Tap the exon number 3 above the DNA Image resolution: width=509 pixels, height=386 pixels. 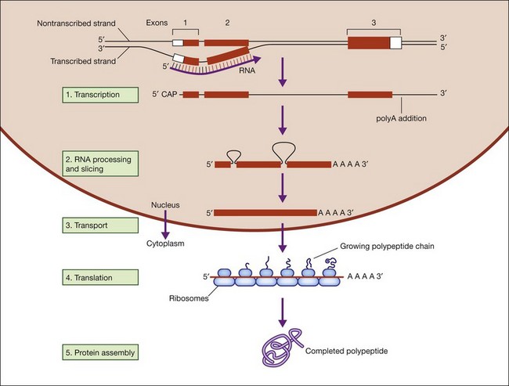click(373, 23)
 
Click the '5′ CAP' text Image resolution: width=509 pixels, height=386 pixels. click(166, 95)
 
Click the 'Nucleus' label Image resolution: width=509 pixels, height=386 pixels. click(165, 205)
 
